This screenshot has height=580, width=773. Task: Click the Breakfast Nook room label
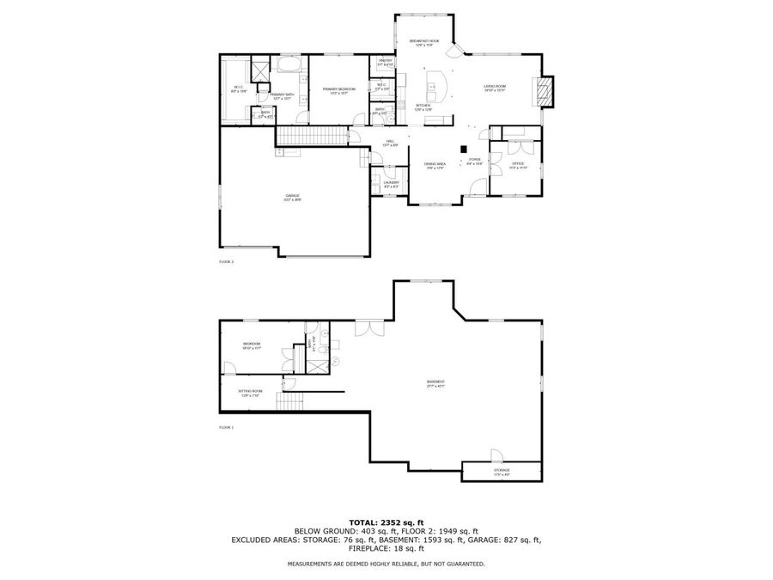coord(424,41)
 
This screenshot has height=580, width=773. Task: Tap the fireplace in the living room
coord(544,90)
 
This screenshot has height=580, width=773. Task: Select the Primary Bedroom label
coord(339,89)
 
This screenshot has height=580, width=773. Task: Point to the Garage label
coord(293,197)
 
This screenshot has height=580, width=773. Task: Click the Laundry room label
coord(391,183)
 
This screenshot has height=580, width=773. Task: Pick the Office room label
coord(517,164)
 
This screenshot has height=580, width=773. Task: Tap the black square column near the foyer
coord(463,148)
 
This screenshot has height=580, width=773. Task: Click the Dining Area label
coord(435,165)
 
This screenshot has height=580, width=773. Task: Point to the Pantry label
coord(385,62)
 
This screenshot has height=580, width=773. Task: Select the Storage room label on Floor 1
coord(502,471)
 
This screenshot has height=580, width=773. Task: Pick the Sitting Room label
coord(251,392)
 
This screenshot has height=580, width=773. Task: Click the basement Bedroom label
coord(252,345)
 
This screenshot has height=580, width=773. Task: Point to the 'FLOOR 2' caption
coord(227,261)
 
